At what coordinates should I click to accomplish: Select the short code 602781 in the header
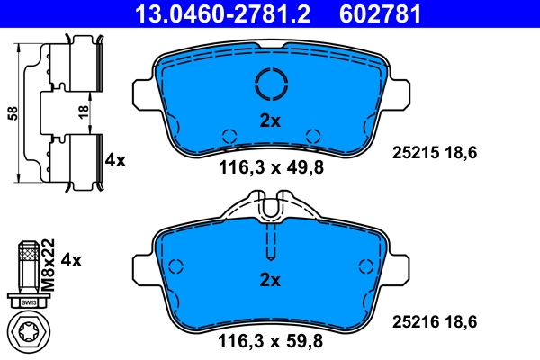379,13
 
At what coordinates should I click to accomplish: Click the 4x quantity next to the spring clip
115,160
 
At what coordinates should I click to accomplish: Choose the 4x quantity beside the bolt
69,260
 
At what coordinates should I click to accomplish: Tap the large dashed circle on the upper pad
270,85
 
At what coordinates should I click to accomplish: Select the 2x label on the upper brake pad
270,120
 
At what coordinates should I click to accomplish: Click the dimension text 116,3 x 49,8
270,166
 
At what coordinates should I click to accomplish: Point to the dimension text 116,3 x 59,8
270,341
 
